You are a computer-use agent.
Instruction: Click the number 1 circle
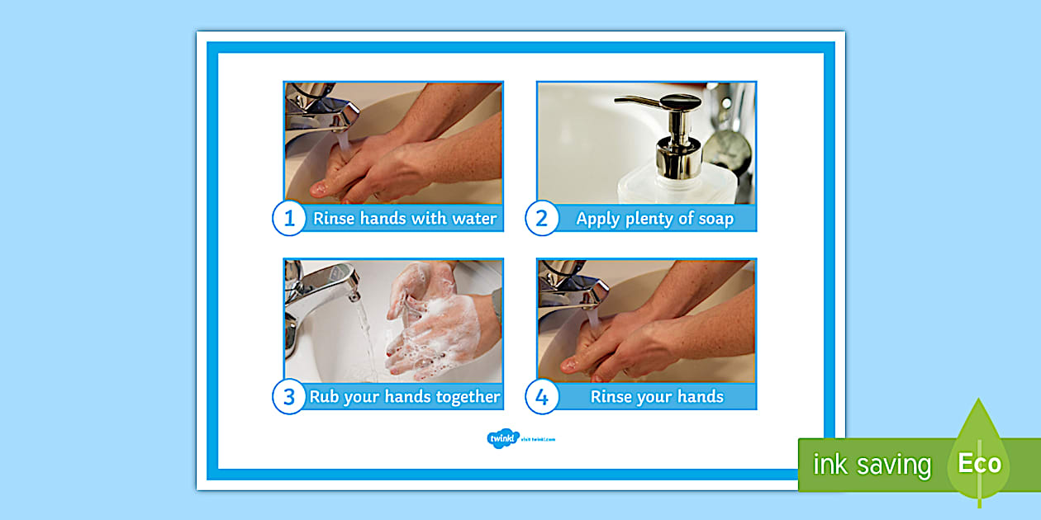coord(289,219)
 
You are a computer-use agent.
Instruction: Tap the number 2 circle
coord(542,219)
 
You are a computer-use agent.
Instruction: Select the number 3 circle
coord(289,397)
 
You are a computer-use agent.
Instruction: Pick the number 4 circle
coord(542,397)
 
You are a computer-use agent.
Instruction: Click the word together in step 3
coord(459,397)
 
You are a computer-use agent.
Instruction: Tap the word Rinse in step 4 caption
coord(611,397)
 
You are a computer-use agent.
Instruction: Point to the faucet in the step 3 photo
coord(322,289)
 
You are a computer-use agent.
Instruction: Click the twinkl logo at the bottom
coord(501,438)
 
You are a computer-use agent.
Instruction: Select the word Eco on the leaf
coord(979,463)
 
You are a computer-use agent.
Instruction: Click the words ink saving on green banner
coord(872,466)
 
